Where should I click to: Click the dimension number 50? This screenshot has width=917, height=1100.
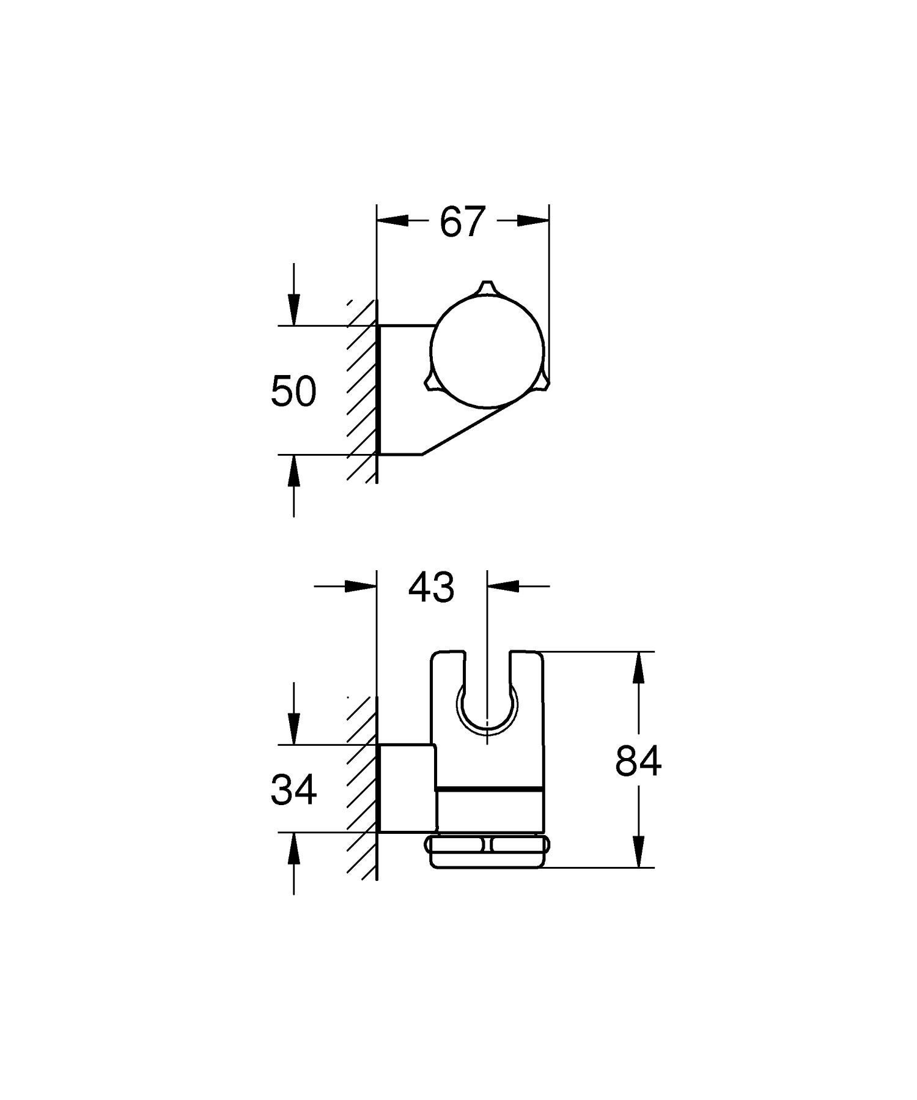(293, 392)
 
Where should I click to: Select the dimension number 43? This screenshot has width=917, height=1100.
(431, 587)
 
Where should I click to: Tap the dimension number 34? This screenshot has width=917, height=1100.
(293, 789)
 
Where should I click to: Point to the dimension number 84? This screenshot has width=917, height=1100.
(638, 762)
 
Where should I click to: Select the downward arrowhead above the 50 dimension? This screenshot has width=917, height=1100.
(294, 311)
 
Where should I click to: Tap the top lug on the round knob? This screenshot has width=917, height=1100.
(486, 288)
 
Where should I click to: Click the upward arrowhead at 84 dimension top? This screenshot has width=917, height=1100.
(638, 668)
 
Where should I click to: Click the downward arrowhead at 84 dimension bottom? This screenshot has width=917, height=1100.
(638, 852)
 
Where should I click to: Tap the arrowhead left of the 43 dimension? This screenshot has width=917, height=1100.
(359, 585)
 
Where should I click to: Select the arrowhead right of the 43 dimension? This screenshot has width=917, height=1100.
(503, 585)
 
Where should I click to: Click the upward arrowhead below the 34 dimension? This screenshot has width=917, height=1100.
(294, 848)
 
